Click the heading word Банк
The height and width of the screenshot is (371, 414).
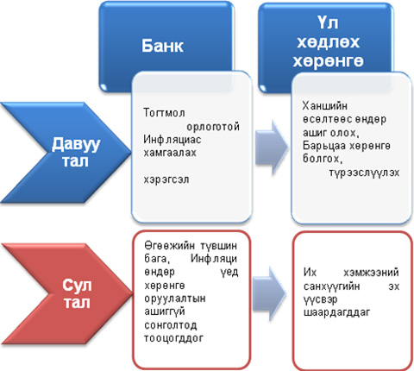162,46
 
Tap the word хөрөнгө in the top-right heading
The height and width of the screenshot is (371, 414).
329,61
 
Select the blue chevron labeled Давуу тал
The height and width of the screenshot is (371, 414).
66,153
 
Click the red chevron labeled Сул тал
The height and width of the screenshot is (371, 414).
66,293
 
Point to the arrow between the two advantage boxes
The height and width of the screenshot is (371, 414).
272,148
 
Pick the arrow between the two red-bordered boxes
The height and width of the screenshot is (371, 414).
269,293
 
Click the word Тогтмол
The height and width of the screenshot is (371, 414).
164,112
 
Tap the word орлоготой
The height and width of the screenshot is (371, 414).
213,127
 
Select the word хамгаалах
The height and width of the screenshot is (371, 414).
170,153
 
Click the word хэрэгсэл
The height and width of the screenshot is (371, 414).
166,180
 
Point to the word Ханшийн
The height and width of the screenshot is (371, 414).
325,106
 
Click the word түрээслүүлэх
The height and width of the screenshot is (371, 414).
365,173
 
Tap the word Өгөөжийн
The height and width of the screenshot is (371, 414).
166,246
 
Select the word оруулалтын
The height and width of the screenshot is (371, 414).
175,299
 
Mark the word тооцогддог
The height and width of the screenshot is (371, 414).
174,338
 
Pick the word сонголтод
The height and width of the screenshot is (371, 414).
171,325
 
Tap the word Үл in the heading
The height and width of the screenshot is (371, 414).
328,23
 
